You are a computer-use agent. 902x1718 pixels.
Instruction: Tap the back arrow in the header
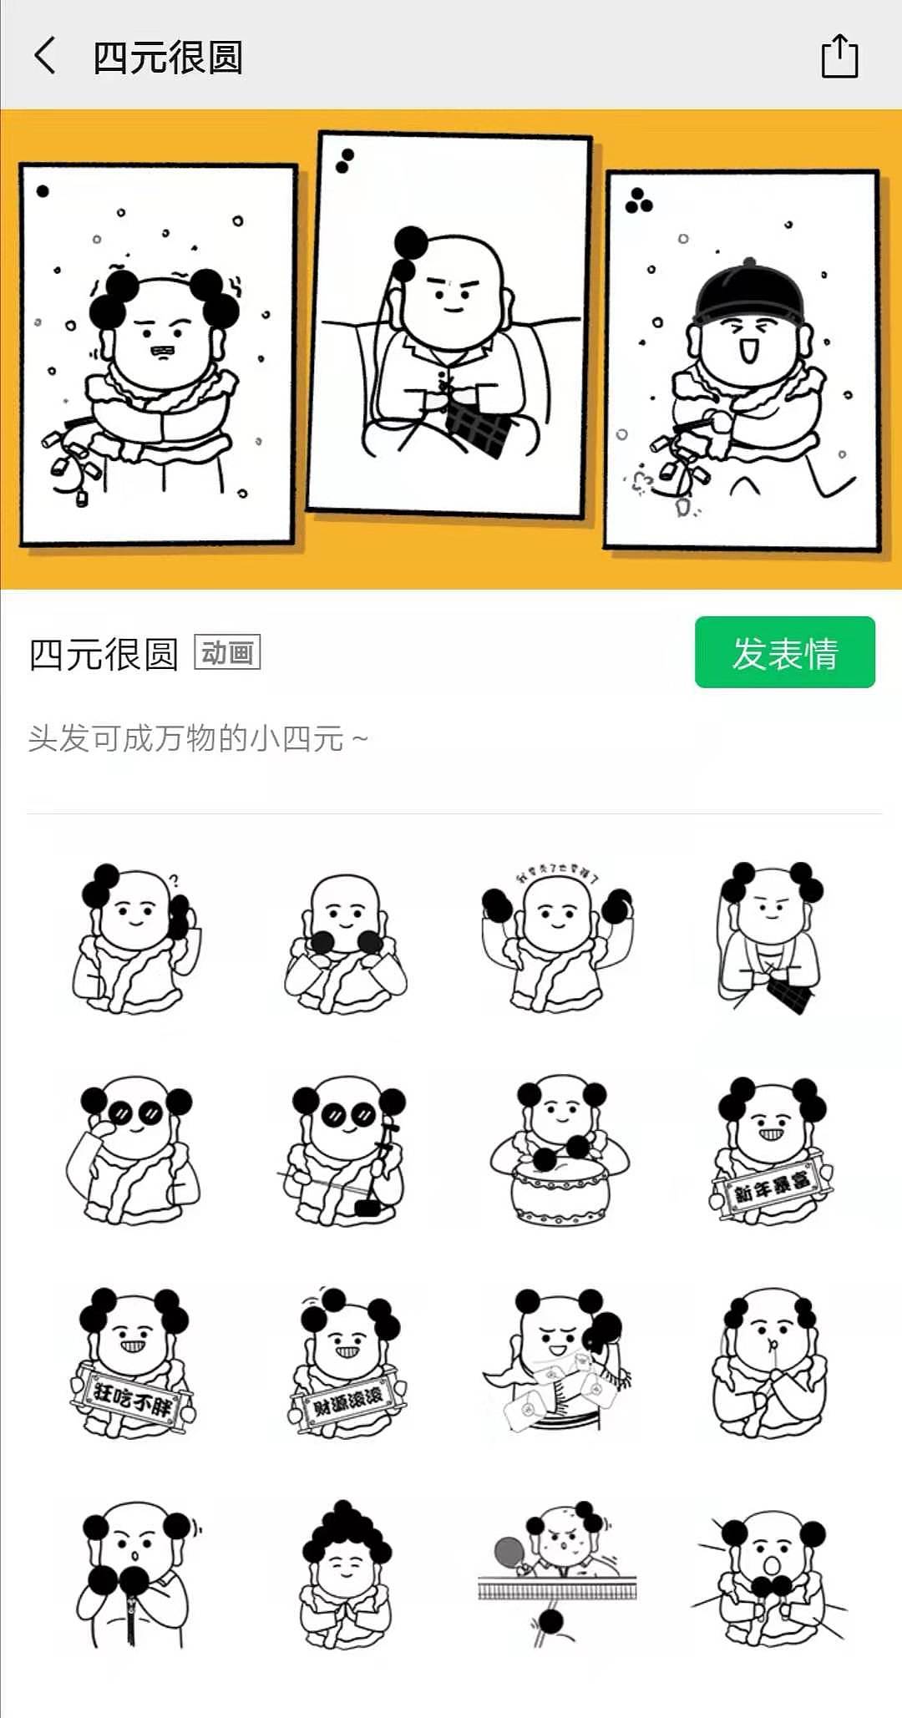45,57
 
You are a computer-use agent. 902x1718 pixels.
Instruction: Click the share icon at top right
839,57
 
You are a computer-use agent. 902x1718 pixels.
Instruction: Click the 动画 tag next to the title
227,652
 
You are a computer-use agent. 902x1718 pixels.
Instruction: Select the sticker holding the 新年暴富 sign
770,1153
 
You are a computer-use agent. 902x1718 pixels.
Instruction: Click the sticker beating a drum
558,1153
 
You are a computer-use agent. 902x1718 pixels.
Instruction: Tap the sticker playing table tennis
558,1574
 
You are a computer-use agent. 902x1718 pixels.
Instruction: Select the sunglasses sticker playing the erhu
346,1153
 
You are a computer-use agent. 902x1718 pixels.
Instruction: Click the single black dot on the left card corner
43,191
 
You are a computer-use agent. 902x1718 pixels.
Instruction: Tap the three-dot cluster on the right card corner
639,201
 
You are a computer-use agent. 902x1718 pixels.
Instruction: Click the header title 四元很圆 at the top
167,57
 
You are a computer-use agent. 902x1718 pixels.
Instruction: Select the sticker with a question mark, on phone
134,940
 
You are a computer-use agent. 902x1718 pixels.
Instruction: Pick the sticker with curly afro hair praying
346,1574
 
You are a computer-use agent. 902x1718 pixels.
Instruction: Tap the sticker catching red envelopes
558,1363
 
